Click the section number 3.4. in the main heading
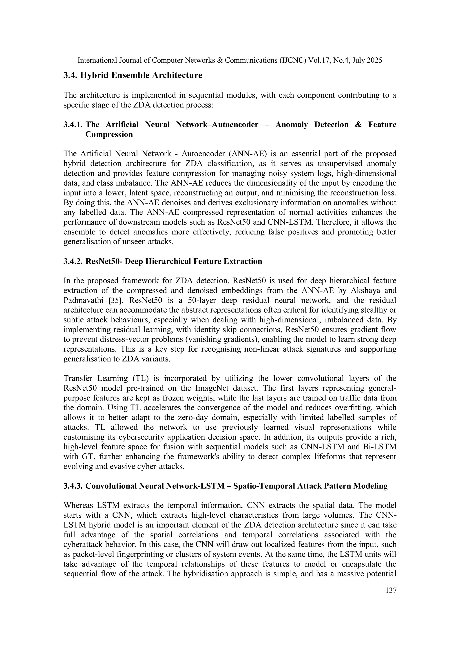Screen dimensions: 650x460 (x=70, y=75)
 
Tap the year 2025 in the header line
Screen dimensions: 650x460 (x=374, y=60)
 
